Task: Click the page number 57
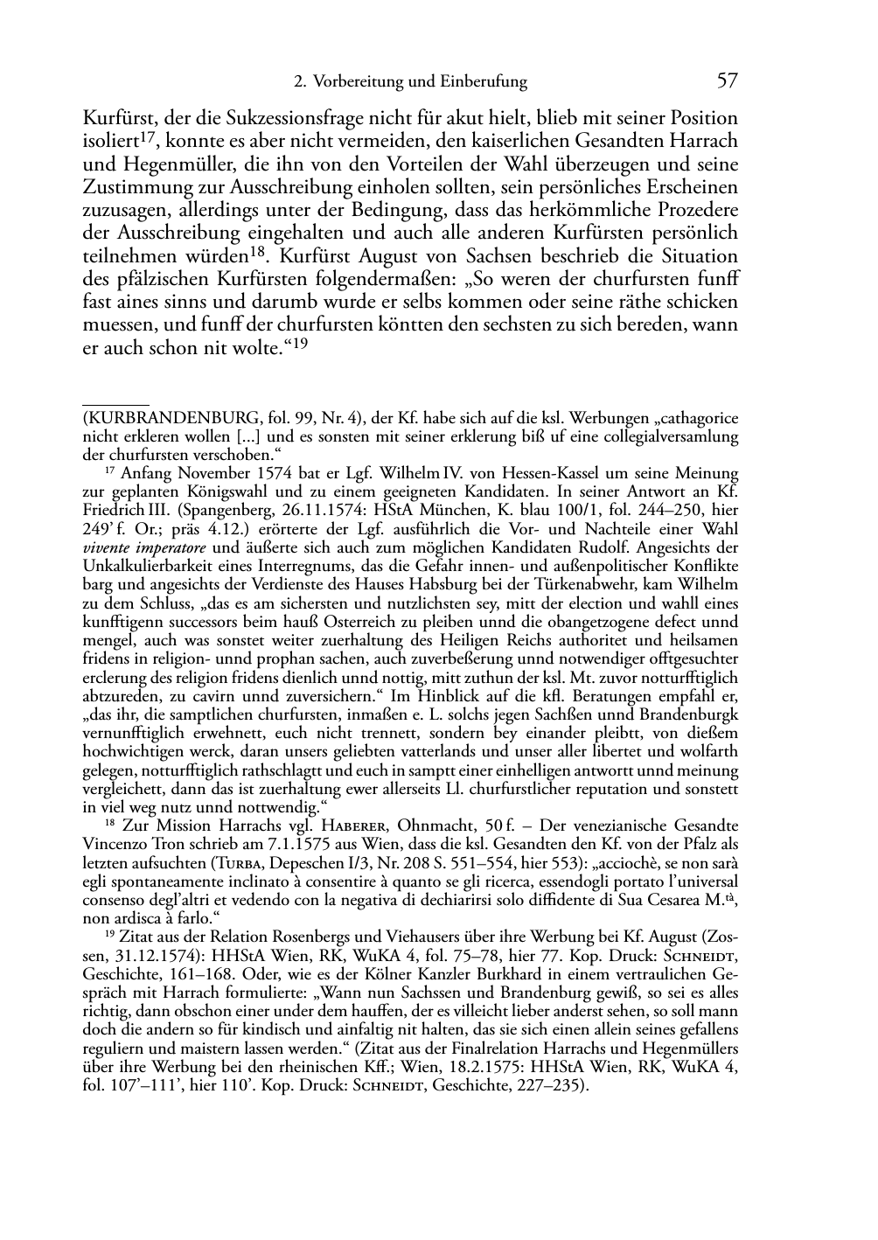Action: [727, 81]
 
